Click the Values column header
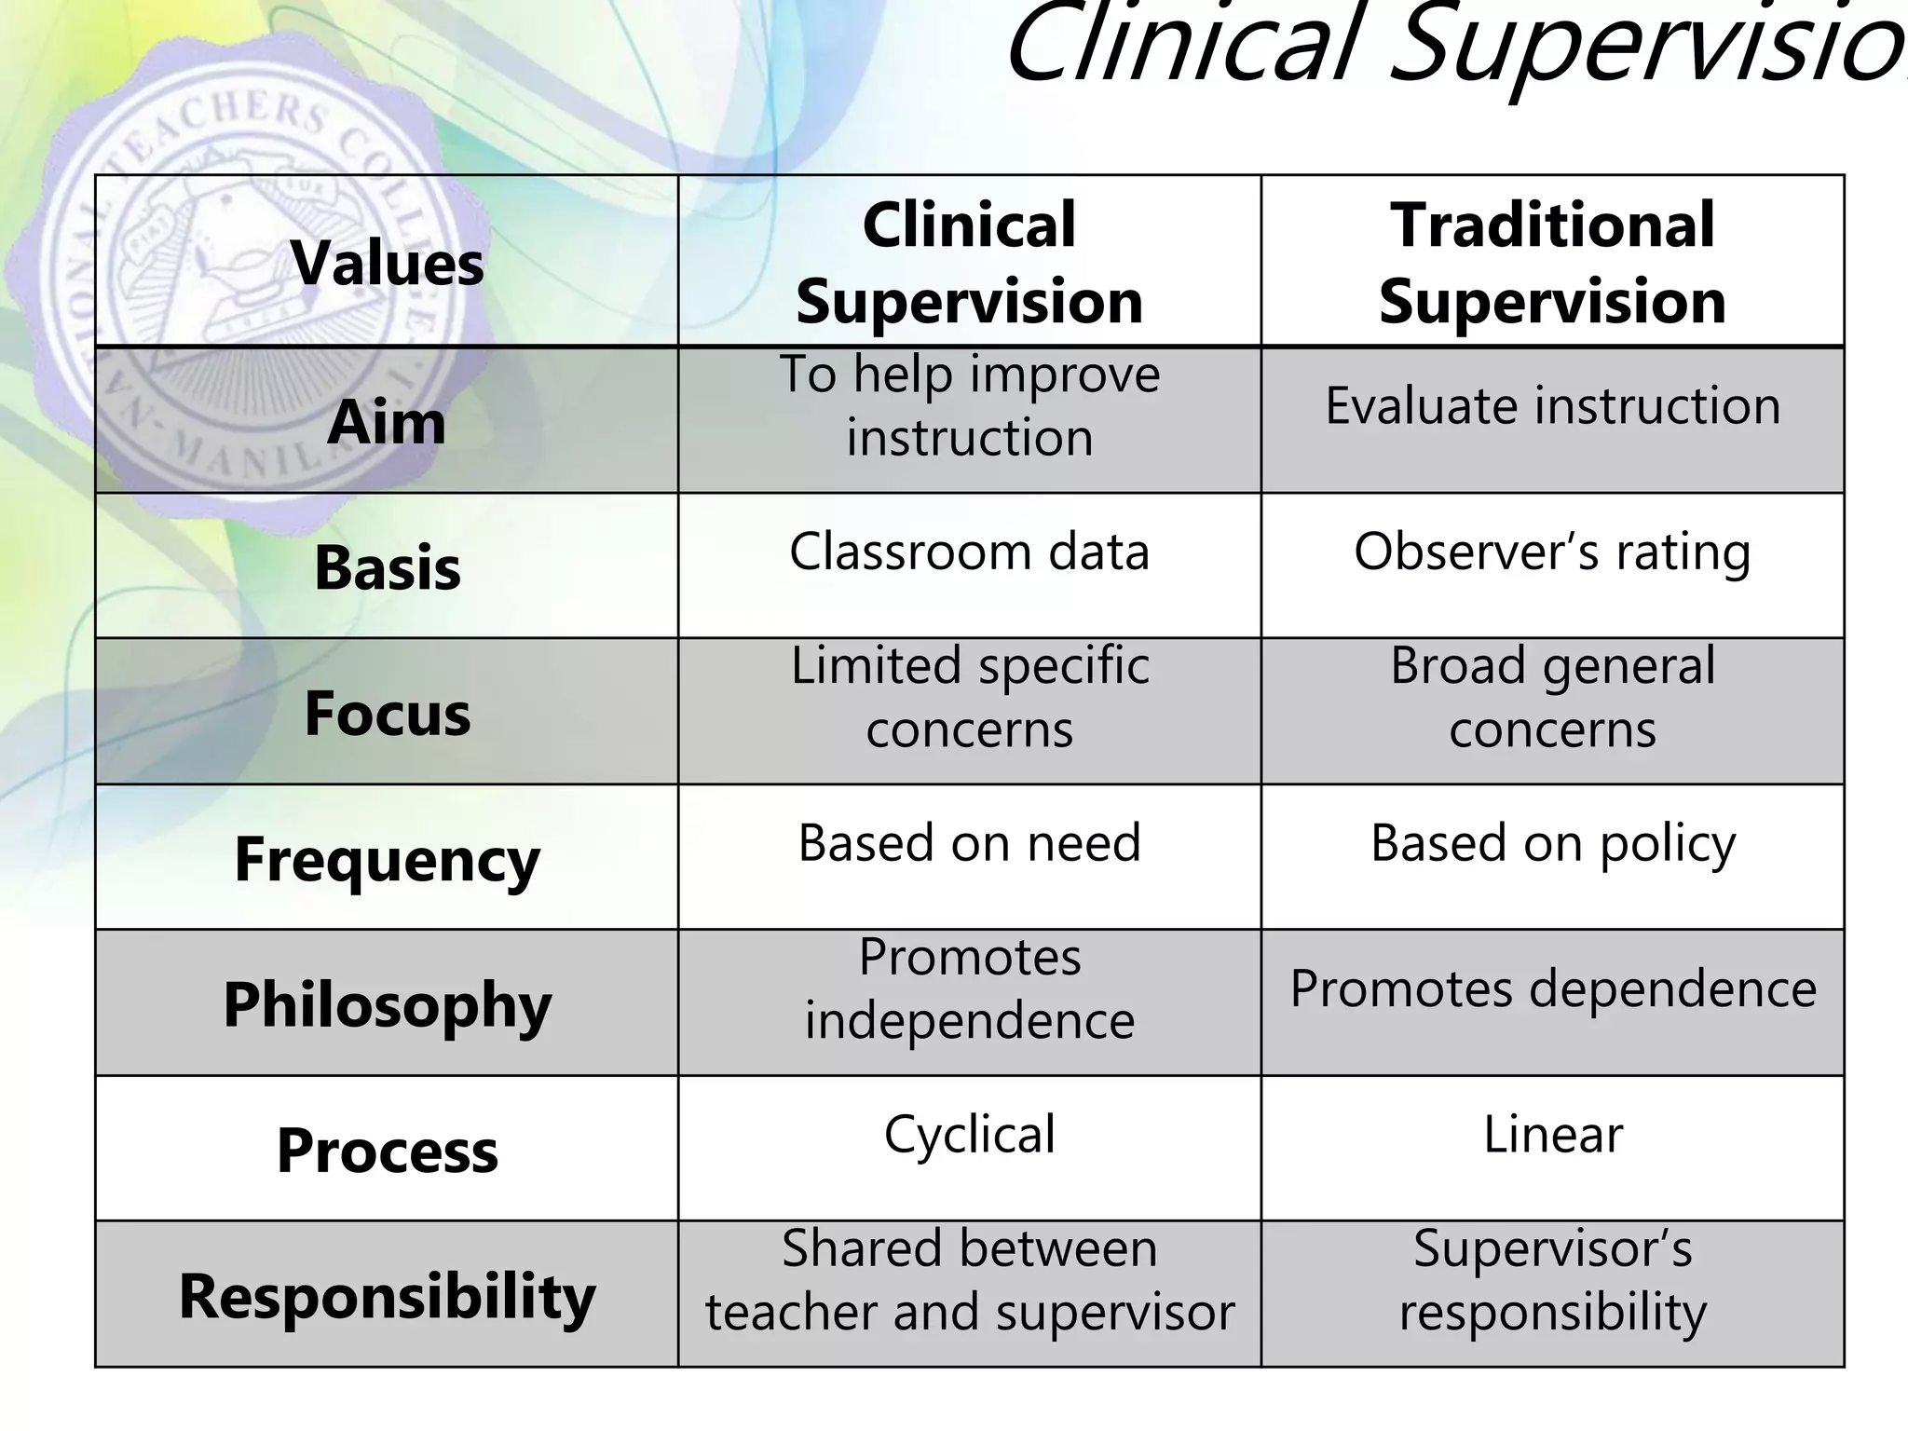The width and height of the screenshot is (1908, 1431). (387, 263)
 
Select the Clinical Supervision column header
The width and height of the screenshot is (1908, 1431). (969, 263)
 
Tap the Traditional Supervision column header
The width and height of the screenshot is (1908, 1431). (1552, 263)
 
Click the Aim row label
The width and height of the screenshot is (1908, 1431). (387, 422)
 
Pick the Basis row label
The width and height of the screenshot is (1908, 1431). (387, 567)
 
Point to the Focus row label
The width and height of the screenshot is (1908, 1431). (387, 714)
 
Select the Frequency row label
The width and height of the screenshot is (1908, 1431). (387, 859)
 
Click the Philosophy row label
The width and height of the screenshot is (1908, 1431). (387, 1004)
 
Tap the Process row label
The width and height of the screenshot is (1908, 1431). (387, 1151)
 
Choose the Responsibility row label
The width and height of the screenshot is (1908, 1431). (387, 1296)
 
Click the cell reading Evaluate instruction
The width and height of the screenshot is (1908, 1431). (1552, 406)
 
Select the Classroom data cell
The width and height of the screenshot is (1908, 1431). (969, 552)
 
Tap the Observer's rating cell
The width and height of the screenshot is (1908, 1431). (1552, 552)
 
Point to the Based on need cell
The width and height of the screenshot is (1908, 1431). (969, 843)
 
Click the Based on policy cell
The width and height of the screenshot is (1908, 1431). (1552, 843)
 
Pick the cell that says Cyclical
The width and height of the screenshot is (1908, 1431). (969, 1135)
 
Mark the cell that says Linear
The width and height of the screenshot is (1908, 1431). (1552, 1135)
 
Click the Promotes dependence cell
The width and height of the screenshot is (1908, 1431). (1552, 988)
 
